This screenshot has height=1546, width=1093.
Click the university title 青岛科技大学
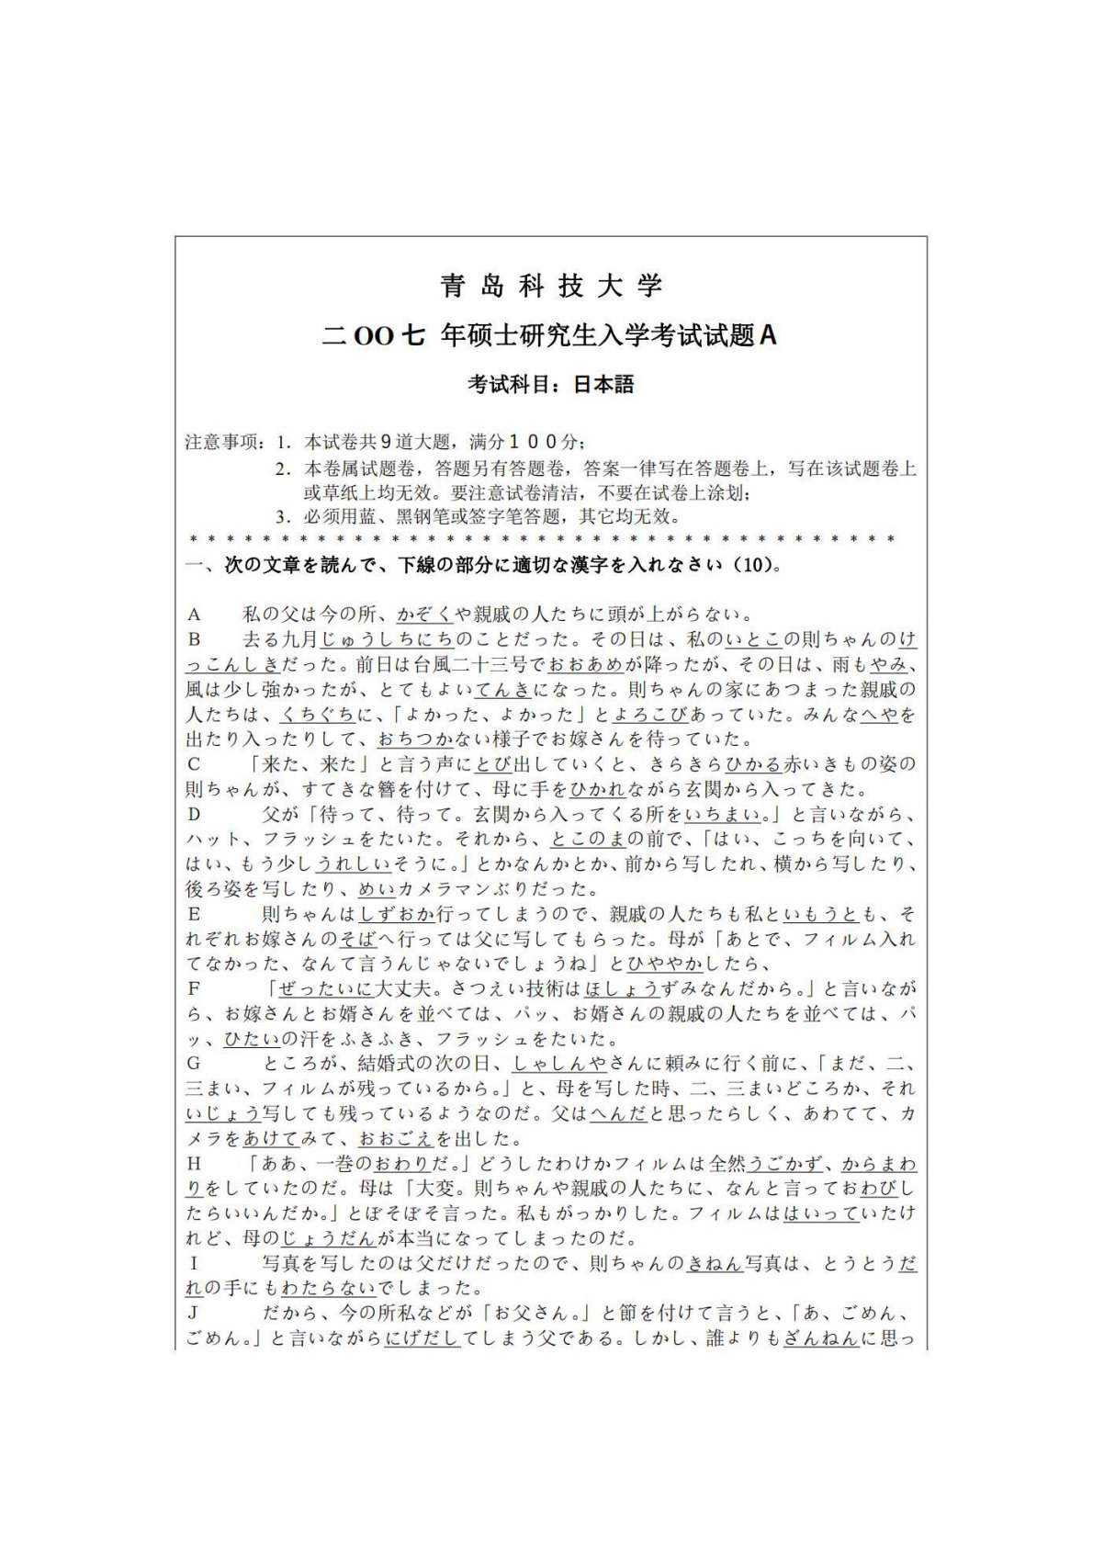[x=551, y=286]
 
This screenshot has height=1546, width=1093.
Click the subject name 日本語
[x=603, y=384]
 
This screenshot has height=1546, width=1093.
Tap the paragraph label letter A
[x=194, y=615]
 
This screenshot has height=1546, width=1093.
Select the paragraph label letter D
[x=194, y=814]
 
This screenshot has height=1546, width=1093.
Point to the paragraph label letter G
[x=194, y=1064]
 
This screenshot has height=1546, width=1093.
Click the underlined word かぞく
[x=424, y=615]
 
